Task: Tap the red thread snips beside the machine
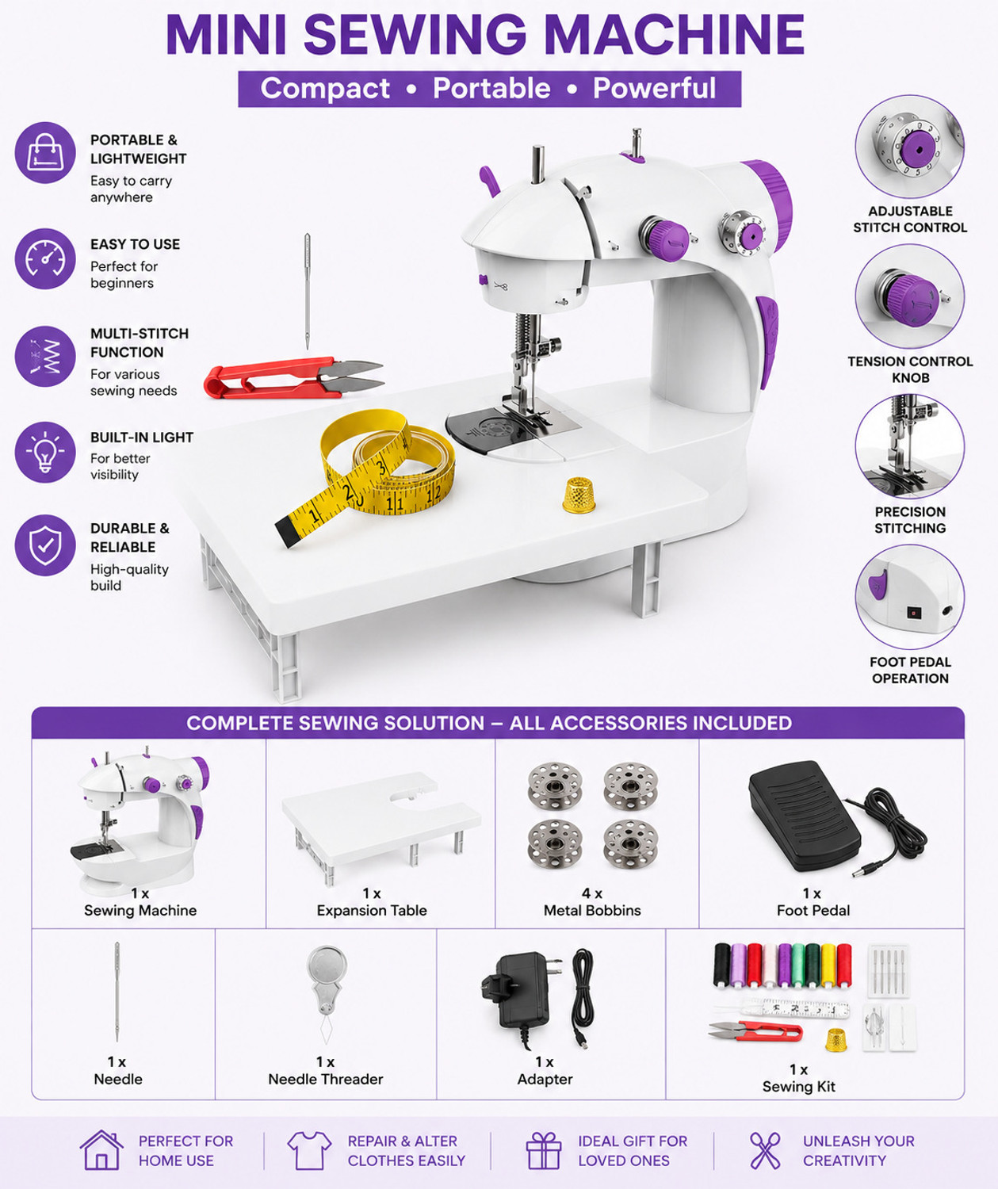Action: (294, 377)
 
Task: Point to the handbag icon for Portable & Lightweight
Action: (45, 153)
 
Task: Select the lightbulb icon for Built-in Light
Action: (45, 452)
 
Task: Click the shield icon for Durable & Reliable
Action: (45, 545)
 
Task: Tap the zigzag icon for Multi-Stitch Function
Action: (45, 357)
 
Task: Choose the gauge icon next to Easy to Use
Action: (45, 259)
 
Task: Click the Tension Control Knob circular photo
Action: (910, 296)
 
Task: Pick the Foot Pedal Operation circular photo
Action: (910, 596)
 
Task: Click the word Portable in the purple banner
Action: (491, 88)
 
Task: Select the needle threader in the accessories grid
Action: (326, 994)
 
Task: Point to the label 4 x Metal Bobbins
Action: (592, 902)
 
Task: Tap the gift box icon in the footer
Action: (544, 1150)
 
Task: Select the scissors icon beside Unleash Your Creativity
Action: (765, 1151)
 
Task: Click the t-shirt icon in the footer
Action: (309, 1150)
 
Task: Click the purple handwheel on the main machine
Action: (770, 205)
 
